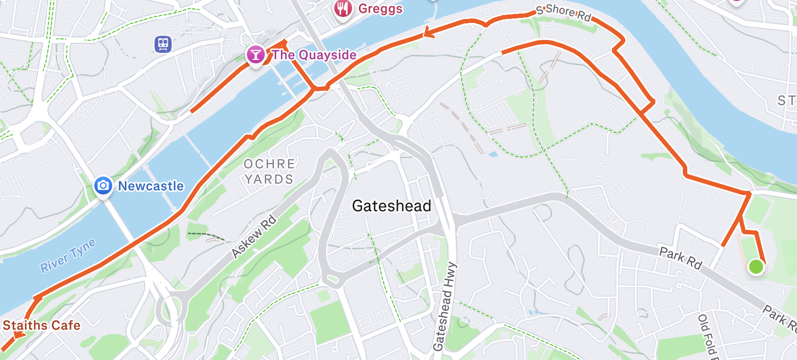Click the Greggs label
(x=380, y=9)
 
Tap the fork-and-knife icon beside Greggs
(x=343, y=7)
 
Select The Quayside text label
(x=314, y=55)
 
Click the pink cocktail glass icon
(x=255, y=54)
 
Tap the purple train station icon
(x=163, y=44)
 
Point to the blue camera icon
(x=103, y=186)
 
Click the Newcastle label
(x=151, y=186)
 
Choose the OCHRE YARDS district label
(x=269, y=172)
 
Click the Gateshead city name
(x=392, y=205)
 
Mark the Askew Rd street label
(x=254, y=236)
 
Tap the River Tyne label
(x=68, y=256)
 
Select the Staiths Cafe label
(x=41, y=325)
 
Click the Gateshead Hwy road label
(x=444, y=306)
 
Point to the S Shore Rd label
(x=564, y=12)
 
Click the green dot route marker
(x=756, y=267)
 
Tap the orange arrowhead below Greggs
(x=428, y=33)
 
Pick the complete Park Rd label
(x=680, y=258)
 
